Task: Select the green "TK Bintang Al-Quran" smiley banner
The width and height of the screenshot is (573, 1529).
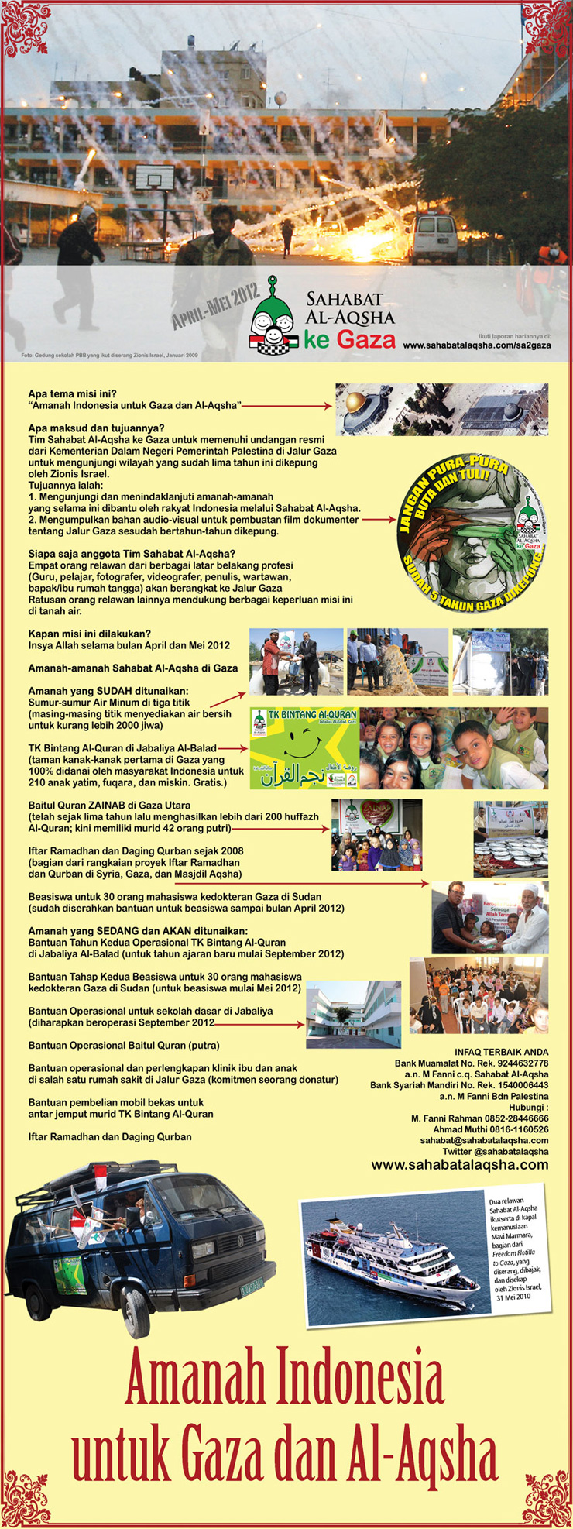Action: click(x=304, y=748)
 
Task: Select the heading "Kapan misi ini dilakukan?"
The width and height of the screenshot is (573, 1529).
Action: click(x=89, y=633)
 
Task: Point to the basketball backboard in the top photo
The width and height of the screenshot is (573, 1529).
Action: click(x=155, y=177)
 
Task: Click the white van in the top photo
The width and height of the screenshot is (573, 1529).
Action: click(x=434, y=239)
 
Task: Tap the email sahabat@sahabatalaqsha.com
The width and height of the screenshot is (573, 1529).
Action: click(x=484, y=1140)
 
